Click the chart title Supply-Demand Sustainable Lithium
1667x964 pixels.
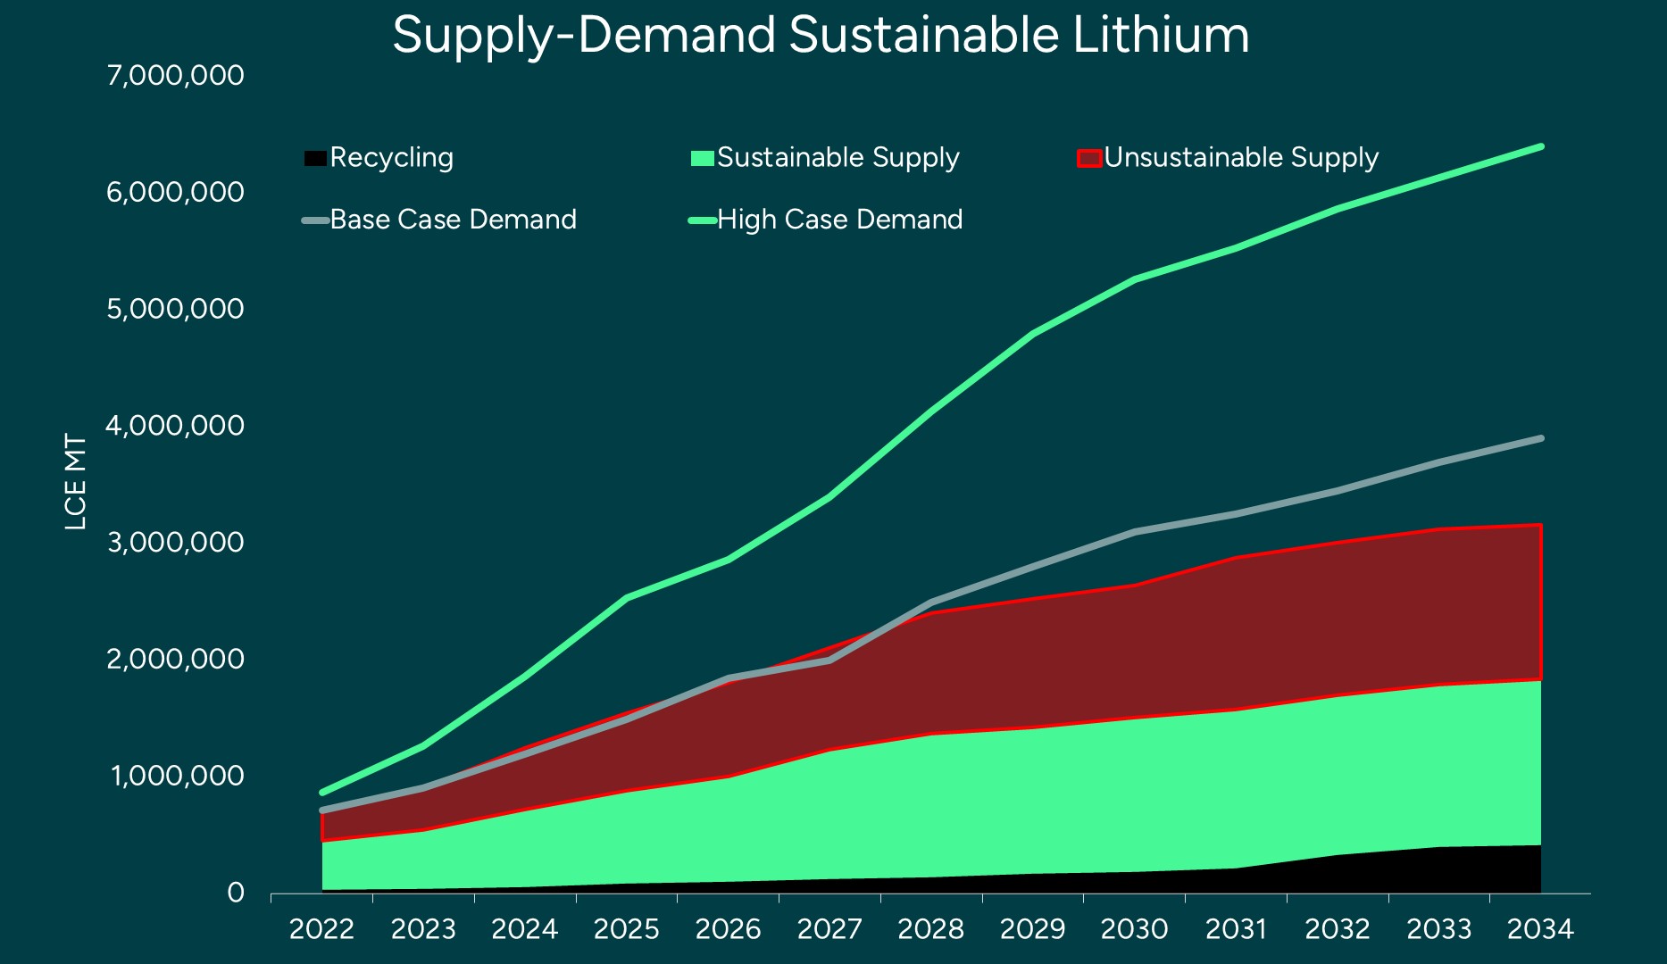pos(820,36)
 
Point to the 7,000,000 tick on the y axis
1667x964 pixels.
pos(175,75)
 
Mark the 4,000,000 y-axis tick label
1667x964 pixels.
pos(175,426)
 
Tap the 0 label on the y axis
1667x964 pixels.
pos(236,893)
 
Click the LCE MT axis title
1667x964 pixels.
pos(76,482)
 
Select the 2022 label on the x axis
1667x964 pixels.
pos(321,930)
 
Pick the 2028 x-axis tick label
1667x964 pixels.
pos(930,930)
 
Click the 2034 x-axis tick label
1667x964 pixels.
pos(1540,930)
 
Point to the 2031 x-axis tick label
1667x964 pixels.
pos(1236,930)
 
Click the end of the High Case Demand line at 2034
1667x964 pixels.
pos(1540,146)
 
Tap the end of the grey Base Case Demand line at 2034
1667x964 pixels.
pos(1540,438)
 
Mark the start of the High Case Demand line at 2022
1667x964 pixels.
pos(322,792)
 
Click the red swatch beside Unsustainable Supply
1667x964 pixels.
pos(1088,158)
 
